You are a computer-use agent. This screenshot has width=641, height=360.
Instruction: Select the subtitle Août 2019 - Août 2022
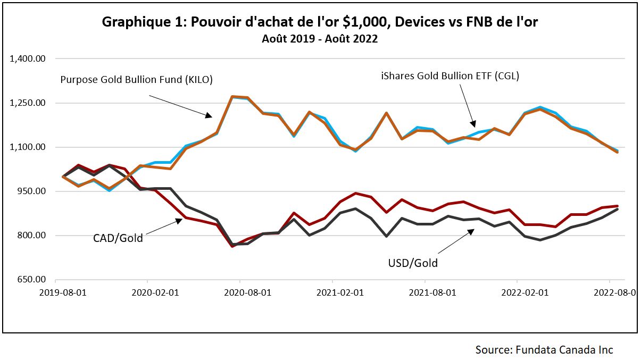coord(320,39)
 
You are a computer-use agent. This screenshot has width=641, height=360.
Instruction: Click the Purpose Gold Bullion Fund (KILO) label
coord(136,80)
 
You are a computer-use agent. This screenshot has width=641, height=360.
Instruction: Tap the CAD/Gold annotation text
coord(118,238)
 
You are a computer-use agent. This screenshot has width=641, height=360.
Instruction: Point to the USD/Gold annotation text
coord(413,263)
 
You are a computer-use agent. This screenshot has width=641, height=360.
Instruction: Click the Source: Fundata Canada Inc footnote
coord(544,349)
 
